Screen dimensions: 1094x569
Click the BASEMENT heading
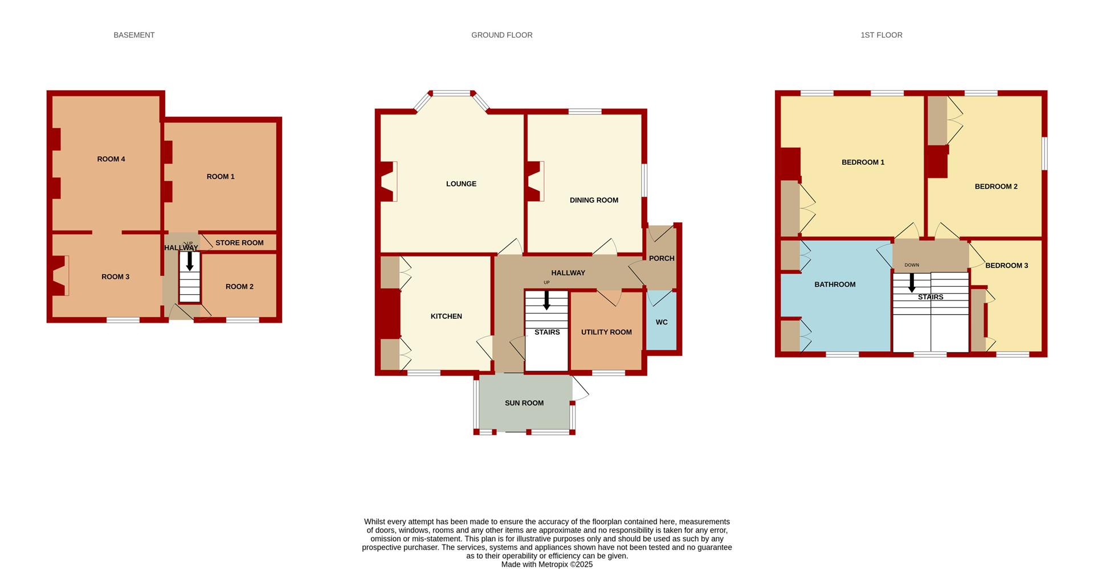click(134, 35)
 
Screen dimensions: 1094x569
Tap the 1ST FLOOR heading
click(881, 35)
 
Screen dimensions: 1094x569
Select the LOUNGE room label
click(462, 184)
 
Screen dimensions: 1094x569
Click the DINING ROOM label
click(594, 200)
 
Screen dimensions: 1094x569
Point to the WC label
click(662, 322)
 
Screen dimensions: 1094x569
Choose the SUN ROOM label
click(524, 403)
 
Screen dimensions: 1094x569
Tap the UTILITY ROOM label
click(606, 332)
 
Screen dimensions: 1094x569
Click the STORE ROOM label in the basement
click(239, 243)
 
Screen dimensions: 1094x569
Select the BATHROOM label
click(835, 284)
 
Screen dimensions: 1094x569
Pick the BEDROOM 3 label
click(1007, 265)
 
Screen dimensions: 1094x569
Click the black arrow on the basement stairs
click(190, 261)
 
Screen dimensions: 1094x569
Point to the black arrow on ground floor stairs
click(547, 300)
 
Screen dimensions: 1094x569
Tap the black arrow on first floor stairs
click(912, 283)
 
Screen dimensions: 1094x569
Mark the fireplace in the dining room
click(535, 181)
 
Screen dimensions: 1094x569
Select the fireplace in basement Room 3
click(60, 275)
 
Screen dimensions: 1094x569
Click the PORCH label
click(662, 258)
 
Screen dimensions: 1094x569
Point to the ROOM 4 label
click(111, 159)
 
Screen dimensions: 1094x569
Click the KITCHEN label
click(446, 316)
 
